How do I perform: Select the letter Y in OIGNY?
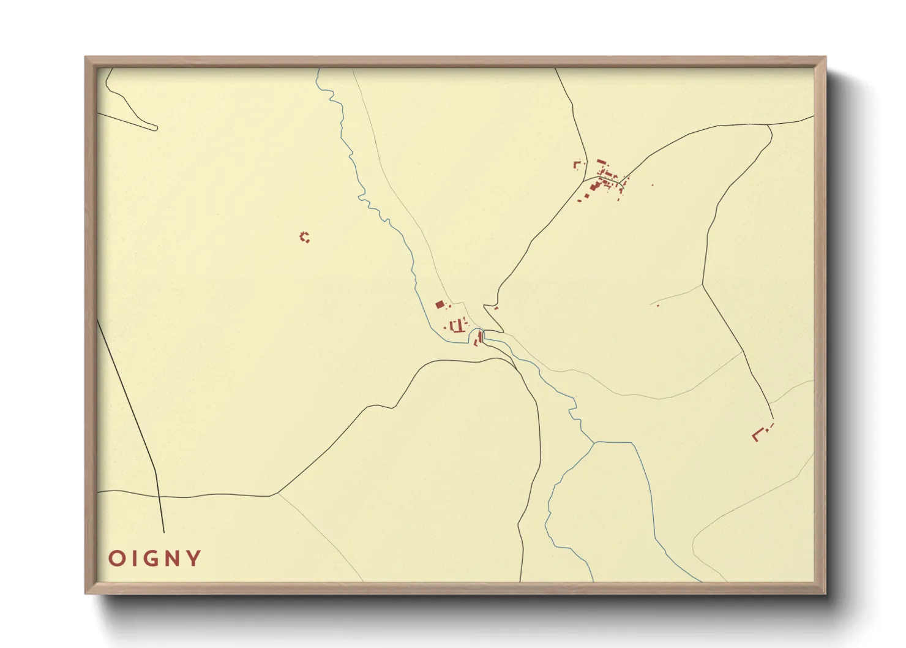[195, 559]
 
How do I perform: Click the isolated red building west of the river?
[304, 236]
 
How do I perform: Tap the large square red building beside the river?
[439, 304]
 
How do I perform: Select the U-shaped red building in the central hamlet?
[455, 325]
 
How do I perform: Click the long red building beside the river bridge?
[481, 336]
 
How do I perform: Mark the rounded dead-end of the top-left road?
[155, 128]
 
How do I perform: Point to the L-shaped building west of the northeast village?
[576, 164]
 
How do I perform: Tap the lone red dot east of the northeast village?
[652, 185]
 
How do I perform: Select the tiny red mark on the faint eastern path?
[657, 304]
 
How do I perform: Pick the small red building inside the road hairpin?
[496, 308]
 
